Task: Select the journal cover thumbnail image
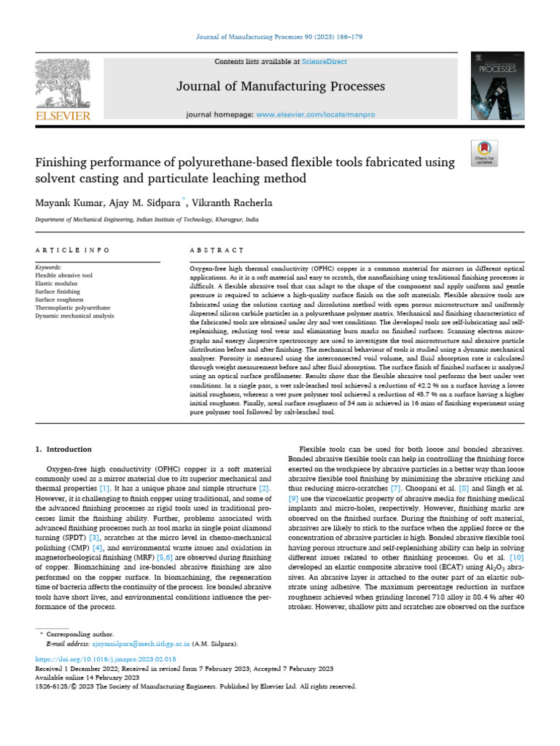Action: pos(498,87)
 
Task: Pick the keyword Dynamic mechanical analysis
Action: pos(74,316)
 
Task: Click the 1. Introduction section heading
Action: pos(64,449)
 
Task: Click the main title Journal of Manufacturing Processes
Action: pos(280,87)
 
